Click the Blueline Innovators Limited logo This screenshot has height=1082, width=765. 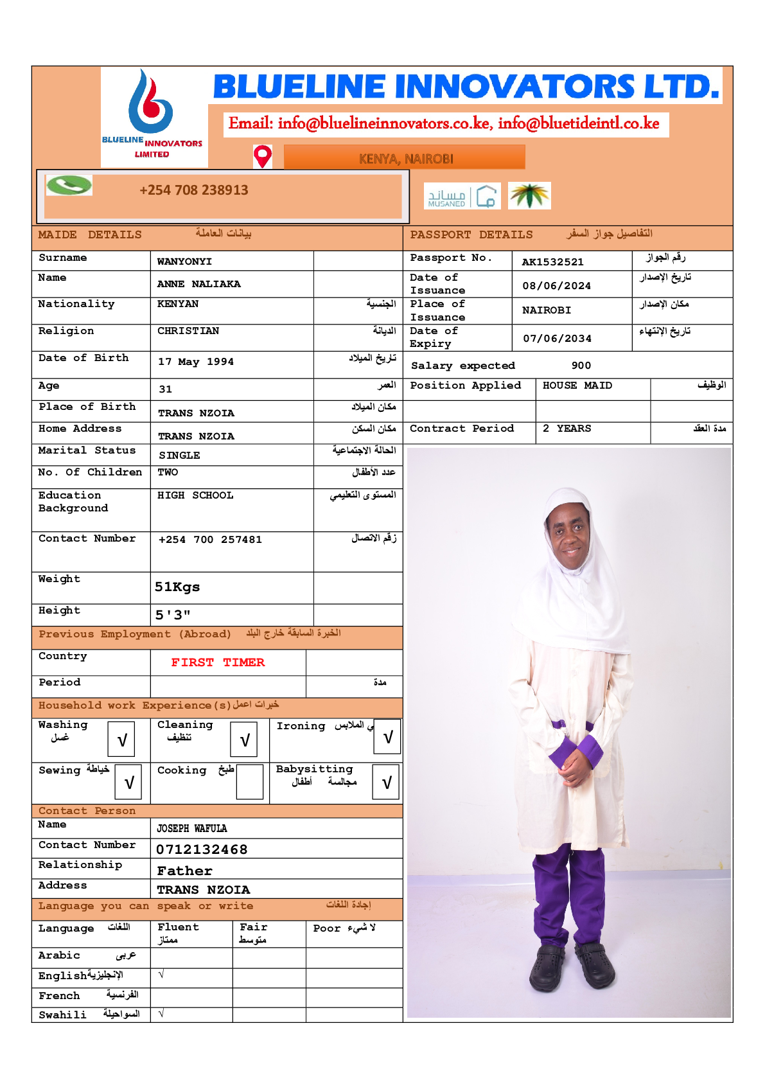pos(152,116)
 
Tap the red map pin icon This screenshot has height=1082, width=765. pos(263,157)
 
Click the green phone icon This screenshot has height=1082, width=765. pos(69,186)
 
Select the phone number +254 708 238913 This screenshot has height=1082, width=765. pos(194,190)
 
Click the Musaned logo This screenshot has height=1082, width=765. pos(462,197)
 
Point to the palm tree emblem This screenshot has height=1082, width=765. pos(529,196)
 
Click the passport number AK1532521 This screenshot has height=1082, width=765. pos(552,262)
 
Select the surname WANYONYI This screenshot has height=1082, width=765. pos(184,262)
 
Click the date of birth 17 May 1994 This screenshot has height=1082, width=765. pos(196,362)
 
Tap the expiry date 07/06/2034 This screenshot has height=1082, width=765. pos(557,339)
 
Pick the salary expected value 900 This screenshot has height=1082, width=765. pos(581,366)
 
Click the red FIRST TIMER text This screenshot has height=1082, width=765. pos(218,662)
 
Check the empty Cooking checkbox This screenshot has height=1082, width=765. pos(249,782)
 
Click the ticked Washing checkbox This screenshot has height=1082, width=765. pos(121,740)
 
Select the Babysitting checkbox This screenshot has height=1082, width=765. pos(386,782)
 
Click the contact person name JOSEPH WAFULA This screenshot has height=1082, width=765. pos(192,829)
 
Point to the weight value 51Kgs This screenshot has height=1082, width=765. pos(177,587)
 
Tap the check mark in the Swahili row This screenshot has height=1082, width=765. pos(161,1014)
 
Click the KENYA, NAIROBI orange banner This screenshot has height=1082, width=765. pos(405,157)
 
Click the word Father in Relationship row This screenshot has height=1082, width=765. pos(184,871)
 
